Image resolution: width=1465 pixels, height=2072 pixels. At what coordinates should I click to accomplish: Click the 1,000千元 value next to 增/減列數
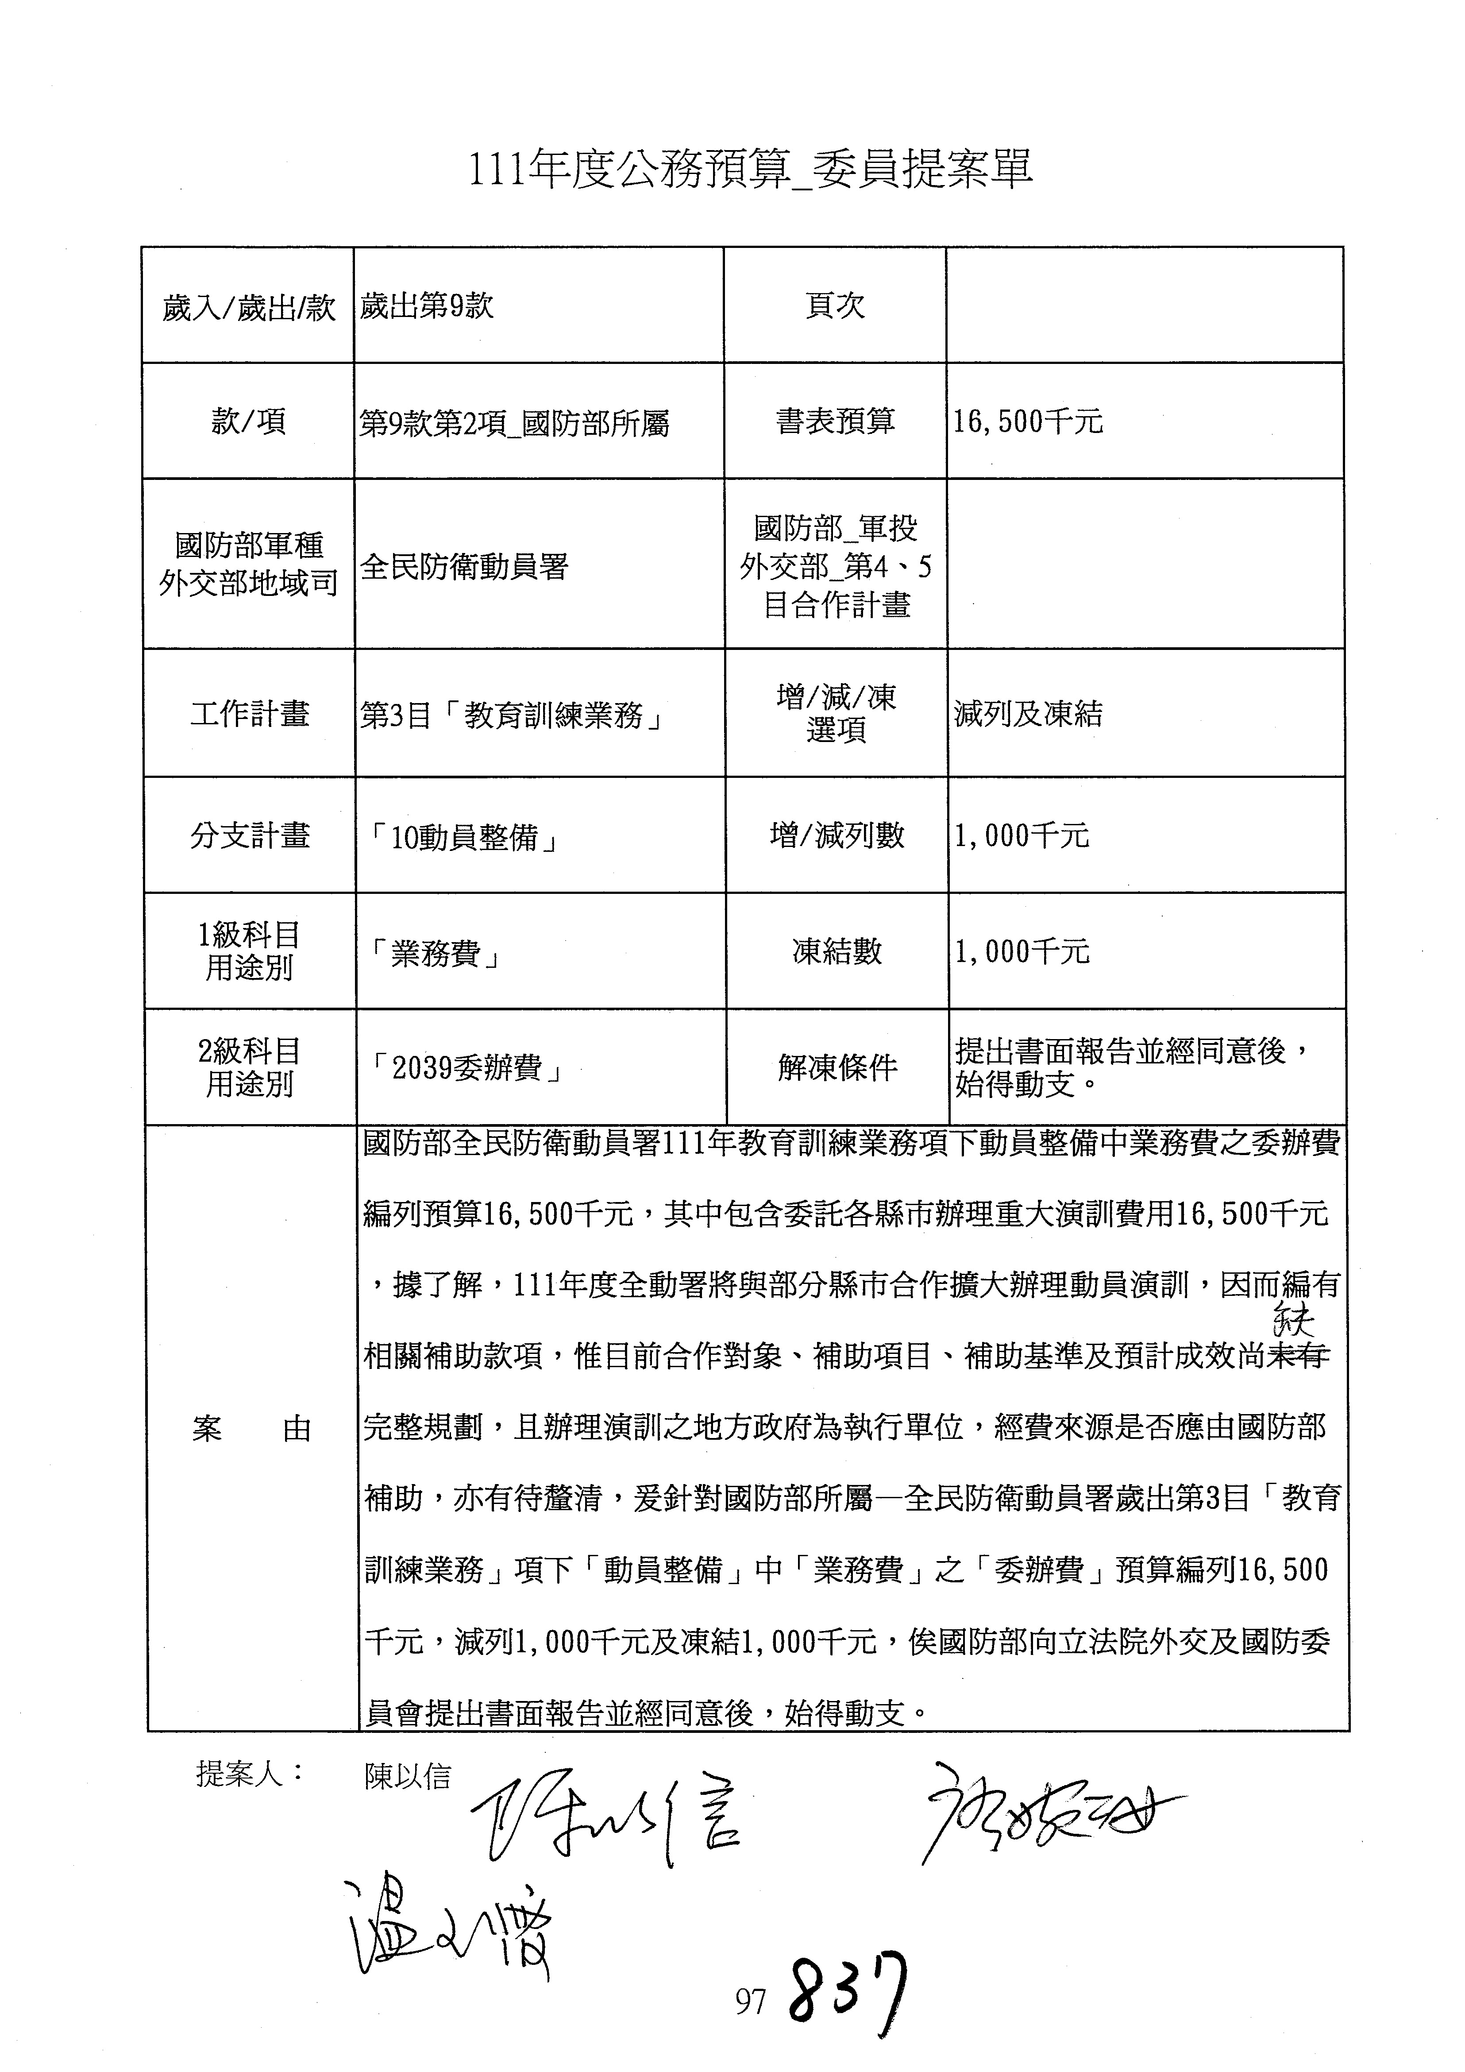(1022, 835)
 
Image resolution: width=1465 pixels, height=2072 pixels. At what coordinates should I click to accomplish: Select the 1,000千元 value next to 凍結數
(1022, 951)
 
